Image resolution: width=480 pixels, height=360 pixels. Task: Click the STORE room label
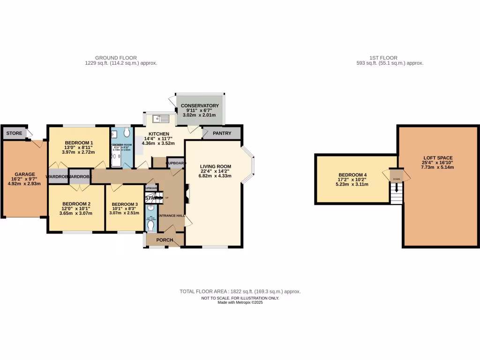pos(14,133)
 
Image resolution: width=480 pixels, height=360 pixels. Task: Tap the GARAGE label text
pos(25,174)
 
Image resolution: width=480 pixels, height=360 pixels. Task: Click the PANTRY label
pos(222,133)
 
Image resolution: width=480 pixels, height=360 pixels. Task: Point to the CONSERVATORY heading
pos(200,106)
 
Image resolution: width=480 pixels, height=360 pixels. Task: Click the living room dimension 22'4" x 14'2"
pos(215,172)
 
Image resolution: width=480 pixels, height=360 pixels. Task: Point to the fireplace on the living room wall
pos(187,194)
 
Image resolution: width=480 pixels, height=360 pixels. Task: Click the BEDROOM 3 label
pos(124,204)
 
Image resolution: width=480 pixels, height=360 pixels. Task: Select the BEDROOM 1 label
pos(79,143)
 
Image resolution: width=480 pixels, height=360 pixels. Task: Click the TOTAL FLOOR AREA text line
pos(240,292)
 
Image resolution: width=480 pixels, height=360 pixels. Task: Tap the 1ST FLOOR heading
pos(390,58)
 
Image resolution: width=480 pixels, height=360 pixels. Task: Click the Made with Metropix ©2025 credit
pos(240,302)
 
